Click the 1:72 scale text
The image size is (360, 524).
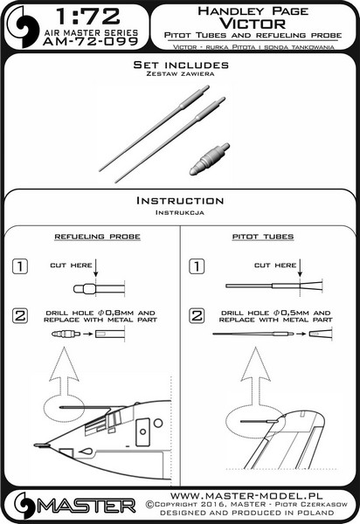click(x=87, y=17)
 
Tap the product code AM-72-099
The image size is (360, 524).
click(x=90, y=41)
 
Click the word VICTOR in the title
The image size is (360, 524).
click(x=253, y=24)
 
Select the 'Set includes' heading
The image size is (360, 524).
click(x=181, y=65)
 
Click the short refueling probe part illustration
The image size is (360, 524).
click(x=209, y=159)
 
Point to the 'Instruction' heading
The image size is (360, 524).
click(x=180, y=201)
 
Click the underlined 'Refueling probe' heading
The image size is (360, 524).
click(x=97, y=237)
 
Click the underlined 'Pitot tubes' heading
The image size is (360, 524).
click(x=263, y=237)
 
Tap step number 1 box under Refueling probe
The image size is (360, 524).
click(x=20, y=266)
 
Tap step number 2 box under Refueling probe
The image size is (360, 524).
click(x=20, y=315)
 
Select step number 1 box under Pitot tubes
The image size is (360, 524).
click(x=197, y=266)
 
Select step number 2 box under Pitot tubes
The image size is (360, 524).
click(x=197, y=315)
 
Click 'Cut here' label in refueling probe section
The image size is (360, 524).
click(x=71, y=265)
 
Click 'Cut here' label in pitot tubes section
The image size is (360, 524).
click(x=275, y=265)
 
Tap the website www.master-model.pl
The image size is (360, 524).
click(x=246, y=495)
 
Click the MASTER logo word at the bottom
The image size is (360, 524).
click(x=87, y=507)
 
